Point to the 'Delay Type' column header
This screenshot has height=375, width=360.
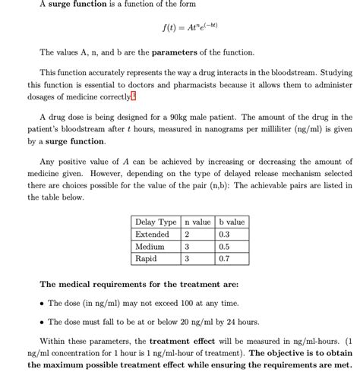tap(156, 222)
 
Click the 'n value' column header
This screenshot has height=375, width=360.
tap(197, 222)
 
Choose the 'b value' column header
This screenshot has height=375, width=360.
tap(231, 222)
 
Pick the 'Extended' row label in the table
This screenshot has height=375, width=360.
tap(152, 234)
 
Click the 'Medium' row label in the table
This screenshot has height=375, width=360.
tap(150, 247)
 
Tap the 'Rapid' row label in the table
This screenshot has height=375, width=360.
tap(147, 259)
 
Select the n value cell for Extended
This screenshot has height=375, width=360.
tap(187, 234)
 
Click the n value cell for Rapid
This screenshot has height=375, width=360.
tap(187, 259)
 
